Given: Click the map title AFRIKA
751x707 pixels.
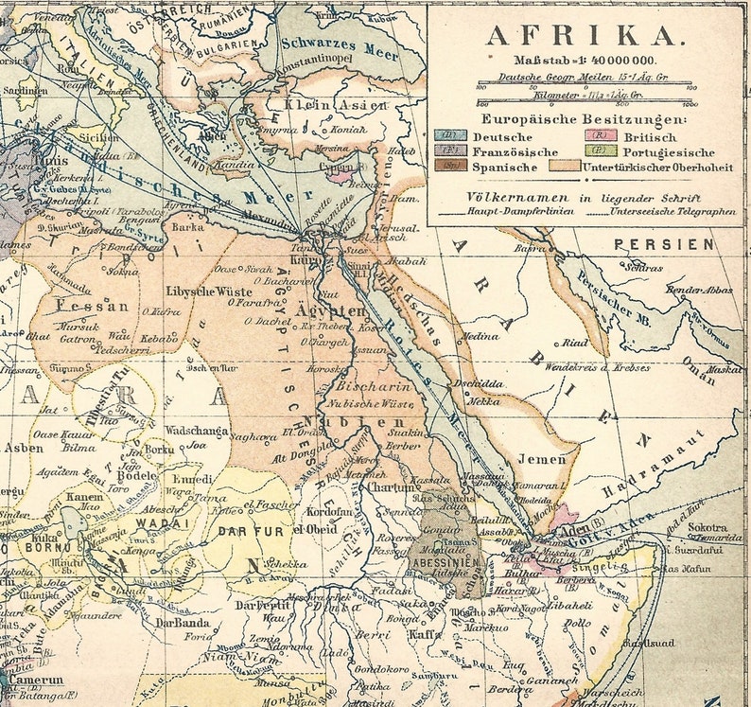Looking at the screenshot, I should [583, 36].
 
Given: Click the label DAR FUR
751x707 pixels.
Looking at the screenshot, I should [251, 532].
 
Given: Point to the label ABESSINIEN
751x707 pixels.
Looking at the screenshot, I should [443, 561].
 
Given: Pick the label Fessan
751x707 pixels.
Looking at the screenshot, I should [92, 306].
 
